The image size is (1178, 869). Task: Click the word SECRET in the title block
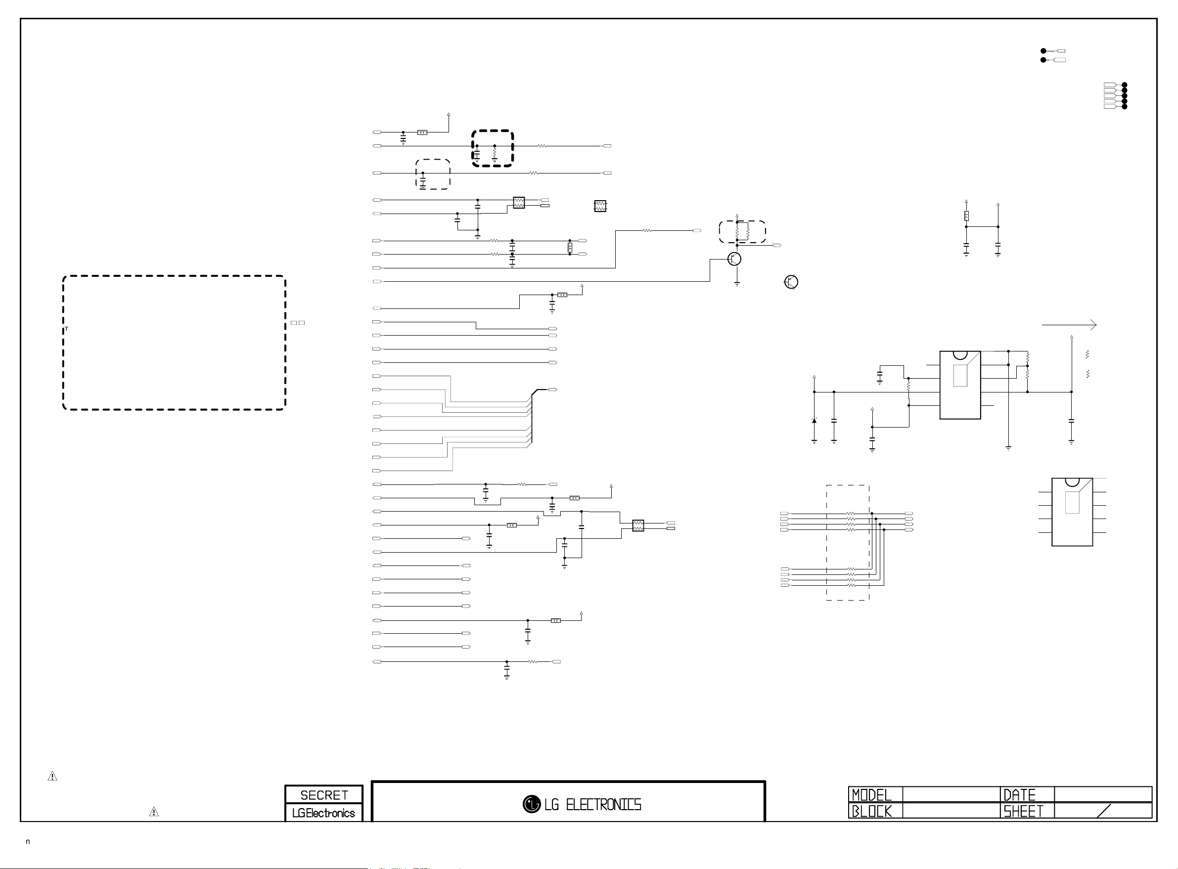pyautogui.click(x=324, y=795)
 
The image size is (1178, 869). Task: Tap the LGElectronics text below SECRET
pyautogui.click(x=323, y=813)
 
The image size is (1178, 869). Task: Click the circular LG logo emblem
pyautogui.click(x=532, y=804)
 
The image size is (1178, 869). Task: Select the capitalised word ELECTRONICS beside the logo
pyautogui.click(x=603, y=805)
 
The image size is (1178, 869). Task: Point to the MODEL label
pyautogui.click(x=872, y=795)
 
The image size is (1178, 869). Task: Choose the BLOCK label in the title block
pyautogui.click(x=872, y=811)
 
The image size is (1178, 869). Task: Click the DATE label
pyautogui.click(x=1020, y=795)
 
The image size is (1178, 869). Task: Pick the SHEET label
pyautogui.click(x=1023, y=811)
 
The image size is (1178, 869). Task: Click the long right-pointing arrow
pyautogui.click(x=1069, y=325)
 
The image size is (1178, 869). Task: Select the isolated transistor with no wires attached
pyautogui.click(x=791, y=282)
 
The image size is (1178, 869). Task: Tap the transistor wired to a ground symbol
pyautogui.click(x=734, y=259)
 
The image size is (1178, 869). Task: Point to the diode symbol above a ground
pyautogui.click(x=815, y=420)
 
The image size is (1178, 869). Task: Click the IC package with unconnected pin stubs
pyautogui.click(x=1072, y=512)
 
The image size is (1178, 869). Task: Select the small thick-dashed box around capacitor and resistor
pyautogui.click(x=493, y=148)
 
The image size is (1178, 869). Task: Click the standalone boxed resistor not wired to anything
pyautogui.click(x=600, y=206)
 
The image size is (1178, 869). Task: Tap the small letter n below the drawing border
pyautogui.click(x=28, y=842)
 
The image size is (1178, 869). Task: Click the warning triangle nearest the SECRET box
pyautogui.click(x=154, y=812)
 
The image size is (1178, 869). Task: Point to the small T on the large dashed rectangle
pyautogui.click(x=66, y=329)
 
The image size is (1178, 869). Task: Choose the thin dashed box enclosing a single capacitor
pyautogui.click(x=433, y=174)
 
